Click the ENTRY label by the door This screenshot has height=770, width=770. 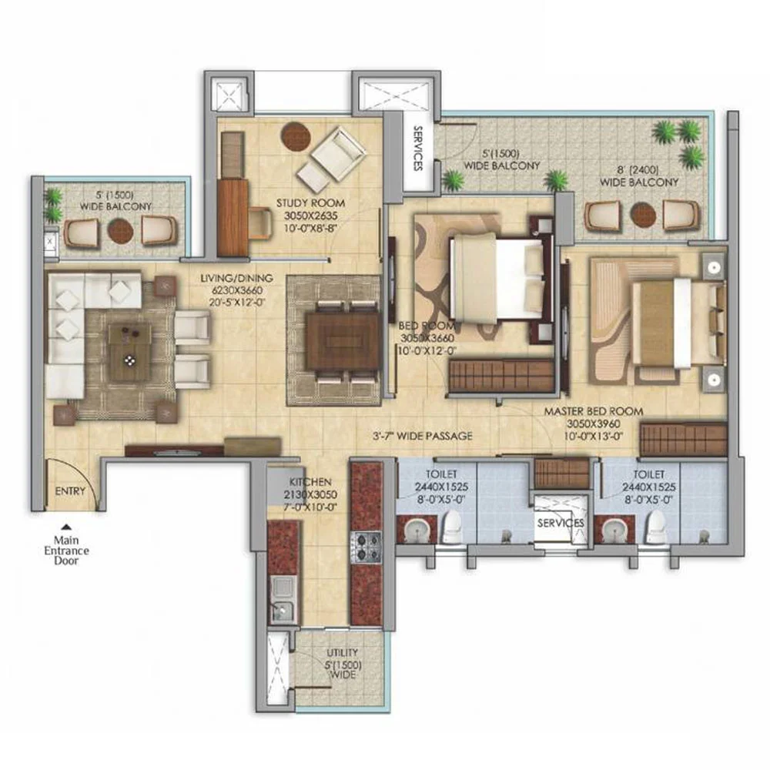click(x=70, y=491)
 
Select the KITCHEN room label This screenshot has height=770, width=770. click(x=310, y=482)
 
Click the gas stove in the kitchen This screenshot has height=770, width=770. click(x=366, y=547)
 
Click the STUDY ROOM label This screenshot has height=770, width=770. click(x=310, y=203)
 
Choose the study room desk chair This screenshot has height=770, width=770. click(x=260, y=223)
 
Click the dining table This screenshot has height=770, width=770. click(x=343, y=341)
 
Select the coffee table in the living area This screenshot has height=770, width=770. click(x=129, y=352)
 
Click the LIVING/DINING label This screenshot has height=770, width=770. click(x=236, y=279)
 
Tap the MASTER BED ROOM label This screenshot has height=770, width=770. click(x=593, y=411)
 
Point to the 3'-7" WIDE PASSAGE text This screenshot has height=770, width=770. click(x=422, y=436)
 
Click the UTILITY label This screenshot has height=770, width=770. click(x=343, y=653)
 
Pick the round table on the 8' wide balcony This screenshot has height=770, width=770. click(x=643, y=215)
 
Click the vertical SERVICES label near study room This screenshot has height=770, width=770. click(x=418, y=149)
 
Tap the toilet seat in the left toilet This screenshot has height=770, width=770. click(x=452, y=527)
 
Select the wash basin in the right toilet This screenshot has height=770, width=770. click(x=613, y=530)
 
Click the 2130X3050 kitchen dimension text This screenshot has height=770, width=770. click(x=310, y=494)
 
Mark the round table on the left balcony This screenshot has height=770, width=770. click(x=120, y=230)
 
